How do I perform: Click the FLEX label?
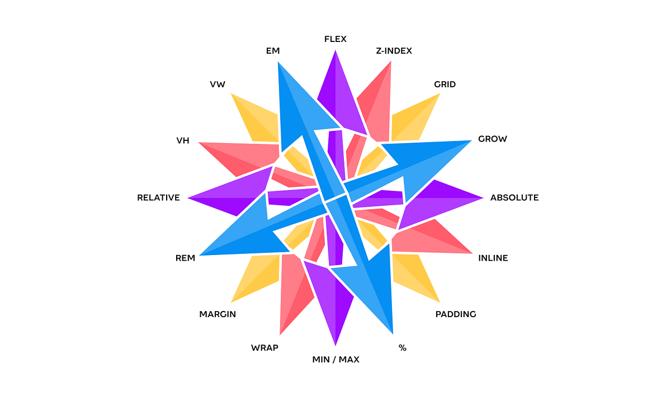click(335, 39)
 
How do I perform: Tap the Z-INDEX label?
click(394, 51)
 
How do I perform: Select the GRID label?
click(445, 84)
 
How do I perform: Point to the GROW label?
click(493, 139)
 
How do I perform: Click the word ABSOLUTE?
click(514, 197)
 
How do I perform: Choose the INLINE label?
click(493, 258)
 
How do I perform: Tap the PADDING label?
click(456, 314)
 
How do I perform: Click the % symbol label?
click(403, 348)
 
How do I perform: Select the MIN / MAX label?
click(335, 360)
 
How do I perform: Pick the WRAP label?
click(264, 348)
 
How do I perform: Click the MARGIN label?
click(218, 314)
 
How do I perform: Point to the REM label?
click(185, 258)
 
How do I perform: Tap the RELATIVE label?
click(159, 197)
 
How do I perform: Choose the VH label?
click(183, 140)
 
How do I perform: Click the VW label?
click(218, 84)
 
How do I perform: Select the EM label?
click(273, 51)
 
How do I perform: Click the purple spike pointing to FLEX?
click(336, 92)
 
